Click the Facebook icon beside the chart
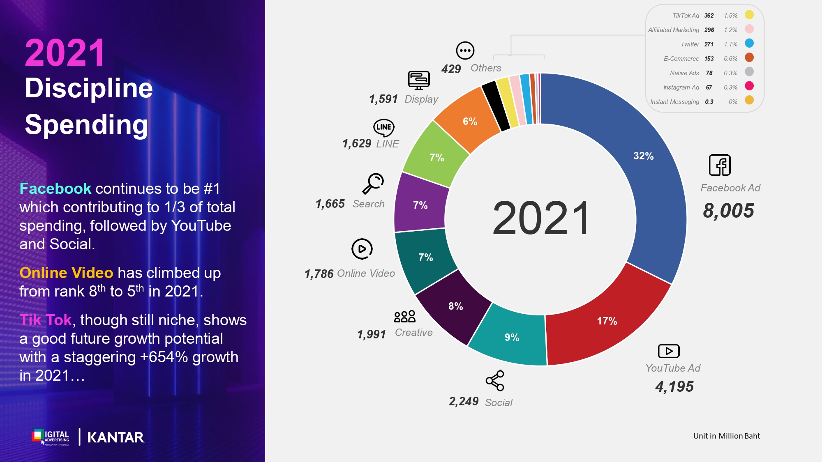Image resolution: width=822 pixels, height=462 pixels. tap(720, 165)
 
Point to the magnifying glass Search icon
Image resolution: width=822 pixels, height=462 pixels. tap(373, 183)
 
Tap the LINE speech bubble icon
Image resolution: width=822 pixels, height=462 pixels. tap(384, 128)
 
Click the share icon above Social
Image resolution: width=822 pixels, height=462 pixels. tap(495, 381)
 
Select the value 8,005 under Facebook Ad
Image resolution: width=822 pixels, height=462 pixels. tap(728, 211)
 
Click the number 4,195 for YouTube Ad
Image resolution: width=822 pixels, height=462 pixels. tap(674, 387)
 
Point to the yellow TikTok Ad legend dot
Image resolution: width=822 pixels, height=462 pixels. tap(749, 15)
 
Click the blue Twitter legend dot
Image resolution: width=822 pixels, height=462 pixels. tap(749, 43)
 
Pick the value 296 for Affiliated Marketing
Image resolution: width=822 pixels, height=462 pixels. tap(709, 30)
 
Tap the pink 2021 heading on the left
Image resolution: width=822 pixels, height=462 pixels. tap(65, 53)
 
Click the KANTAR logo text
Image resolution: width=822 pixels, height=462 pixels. tap(115, 437)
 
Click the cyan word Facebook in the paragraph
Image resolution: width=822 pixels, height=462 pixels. tap(55, 188)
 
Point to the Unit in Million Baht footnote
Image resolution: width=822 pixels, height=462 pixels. tap(727, 436)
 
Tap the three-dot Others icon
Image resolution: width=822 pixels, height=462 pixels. tap(465, 51)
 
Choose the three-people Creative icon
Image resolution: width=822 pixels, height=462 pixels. tap(404, 317)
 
